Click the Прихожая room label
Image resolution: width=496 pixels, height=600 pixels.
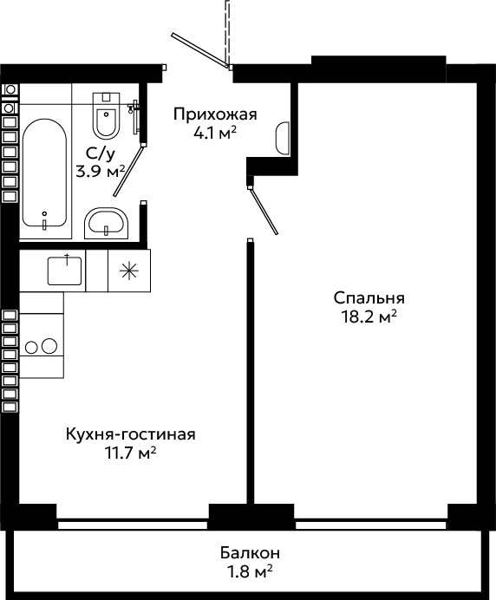point(215,114)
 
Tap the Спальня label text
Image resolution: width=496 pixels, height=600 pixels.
point(369,297)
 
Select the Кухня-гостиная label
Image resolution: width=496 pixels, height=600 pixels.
point(131,434)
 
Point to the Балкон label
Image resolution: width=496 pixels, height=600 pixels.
point(250,553)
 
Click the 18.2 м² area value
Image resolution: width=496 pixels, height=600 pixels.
point(369,316)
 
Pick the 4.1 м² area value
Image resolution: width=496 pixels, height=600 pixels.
point(215,134)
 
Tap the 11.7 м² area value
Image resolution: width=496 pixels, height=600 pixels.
point(131,453)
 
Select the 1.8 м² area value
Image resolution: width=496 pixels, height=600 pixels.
point(250,572)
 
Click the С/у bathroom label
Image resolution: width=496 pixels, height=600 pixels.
point(101,153)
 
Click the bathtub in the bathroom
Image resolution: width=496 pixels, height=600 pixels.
point(44,173)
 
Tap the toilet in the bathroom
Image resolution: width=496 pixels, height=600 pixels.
point(106,115)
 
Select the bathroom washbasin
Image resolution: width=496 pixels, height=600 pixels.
point(106,224)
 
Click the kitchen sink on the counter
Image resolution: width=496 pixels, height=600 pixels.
point(64,271)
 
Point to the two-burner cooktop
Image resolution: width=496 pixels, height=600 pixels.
point(42,346)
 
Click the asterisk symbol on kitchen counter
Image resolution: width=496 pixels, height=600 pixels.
point(129,271)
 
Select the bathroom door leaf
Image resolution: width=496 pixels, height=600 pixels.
point(128,170)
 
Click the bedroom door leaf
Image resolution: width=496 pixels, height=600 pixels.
point(264,210)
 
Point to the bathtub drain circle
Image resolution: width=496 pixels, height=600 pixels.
point(44,213)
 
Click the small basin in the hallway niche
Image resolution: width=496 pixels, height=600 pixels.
point(283,138)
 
